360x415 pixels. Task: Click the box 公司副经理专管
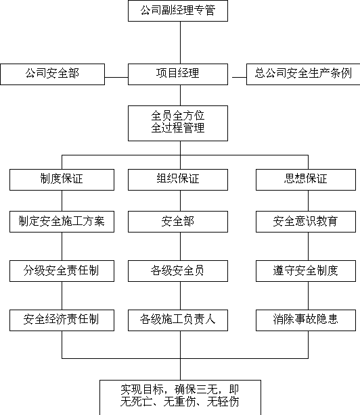[x=178, y=11]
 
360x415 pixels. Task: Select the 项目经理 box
[x=178, y=74]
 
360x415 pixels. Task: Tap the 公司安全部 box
[x=53, y=74]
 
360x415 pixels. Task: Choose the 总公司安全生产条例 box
[x=303, y=74]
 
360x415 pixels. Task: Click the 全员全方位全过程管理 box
[x=178, y=123]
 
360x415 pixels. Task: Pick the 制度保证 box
[x=62, y=180]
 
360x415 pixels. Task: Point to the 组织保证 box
[x=178, y=180]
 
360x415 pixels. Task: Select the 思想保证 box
[x=306, y=180]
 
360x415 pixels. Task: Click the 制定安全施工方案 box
[x=62, y=222]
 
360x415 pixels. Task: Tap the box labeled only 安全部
[x=178, y=222]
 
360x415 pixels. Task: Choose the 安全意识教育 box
[x=306, y=222]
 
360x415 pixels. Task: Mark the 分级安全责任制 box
[x=62, y=271]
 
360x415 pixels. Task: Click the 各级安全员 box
[x=178, y=271]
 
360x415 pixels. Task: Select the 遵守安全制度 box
[x=306, y=271]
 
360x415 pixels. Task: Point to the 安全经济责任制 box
[x=62, y=320]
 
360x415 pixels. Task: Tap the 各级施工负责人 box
[x=178, y=320]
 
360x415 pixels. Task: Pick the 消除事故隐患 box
[x=306, y=320]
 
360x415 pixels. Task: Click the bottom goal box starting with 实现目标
[x=180, y=397]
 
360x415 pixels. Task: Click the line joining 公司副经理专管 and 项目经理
[x=181, y=43]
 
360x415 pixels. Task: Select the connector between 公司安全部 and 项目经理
[x=116, y=77]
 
